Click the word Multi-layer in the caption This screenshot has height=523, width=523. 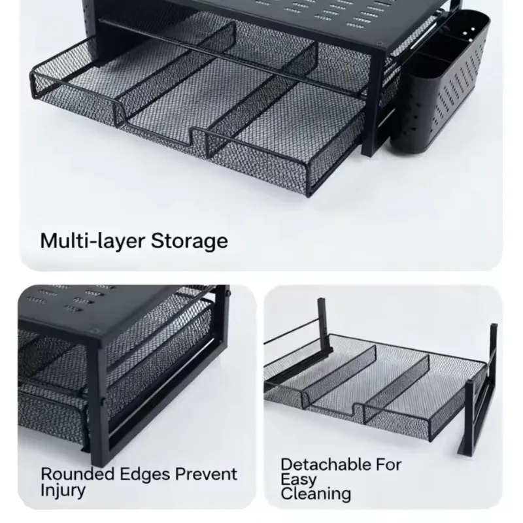coord(93,241)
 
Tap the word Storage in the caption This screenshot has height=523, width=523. coord(190,241)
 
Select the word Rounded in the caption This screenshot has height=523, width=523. coord(77,473)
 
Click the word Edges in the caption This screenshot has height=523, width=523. coord(144,475)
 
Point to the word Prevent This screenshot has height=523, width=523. coord(206,473)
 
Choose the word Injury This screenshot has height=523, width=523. coord(63,490)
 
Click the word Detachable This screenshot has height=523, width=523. coord(326,464)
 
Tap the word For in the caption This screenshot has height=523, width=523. coord(388,464)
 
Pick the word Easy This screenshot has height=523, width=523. coord(299,480)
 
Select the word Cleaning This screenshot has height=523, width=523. coord(316,494)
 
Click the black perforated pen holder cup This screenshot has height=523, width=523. coord(440,84)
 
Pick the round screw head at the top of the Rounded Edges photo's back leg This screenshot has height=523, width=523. coord(228,294)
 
